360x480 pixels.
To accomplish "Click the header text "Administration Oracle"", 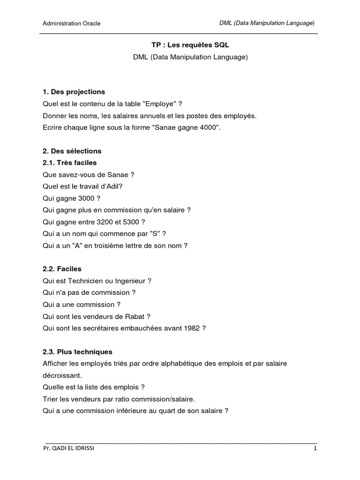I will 72,23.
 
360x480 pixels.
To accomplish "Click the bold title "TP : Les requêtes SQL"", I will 180,45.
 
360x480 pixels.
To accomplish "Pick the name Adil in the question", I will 116,187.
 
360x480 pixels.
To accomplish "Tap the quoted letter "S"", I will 154,233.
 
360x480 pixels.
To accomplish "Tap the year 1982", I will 192,329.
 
